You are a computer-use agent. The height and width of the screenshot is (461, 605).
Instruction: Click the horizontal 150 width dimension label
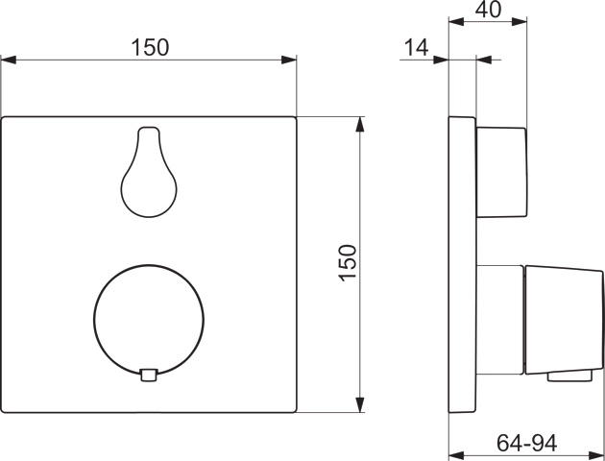150,47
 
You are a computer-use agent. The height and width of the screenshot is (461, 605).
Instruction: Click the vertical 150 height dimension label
348,263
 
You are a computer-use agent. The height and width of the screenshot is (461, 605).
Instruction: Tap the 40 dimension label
488,10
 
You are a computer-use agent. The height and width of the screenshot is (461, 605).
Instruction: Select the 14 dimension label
417,48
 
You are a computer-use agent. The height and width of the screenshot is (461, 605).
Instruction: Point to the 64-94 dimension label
526,443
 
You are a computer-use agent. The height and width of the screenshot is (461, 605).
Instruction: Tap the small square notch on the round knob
149,376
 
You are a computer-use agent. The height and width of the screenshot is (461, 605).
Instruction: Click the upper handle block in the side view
501,172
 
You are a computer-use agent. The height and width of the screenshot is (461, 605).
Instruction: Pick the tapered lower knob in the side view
564,320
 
